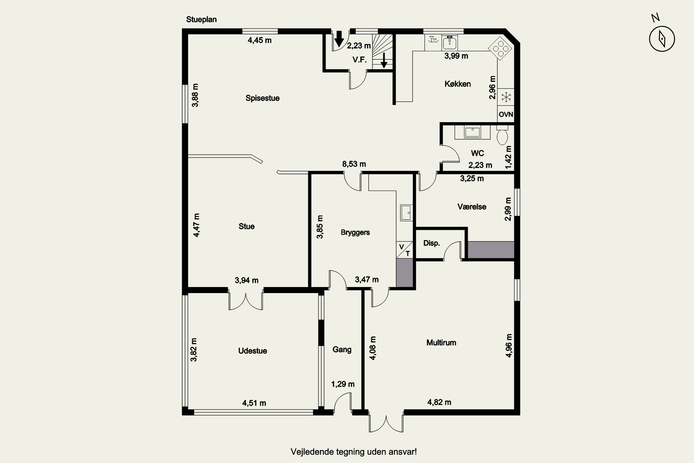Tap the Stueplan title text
(201, 19)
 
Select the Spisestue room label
(262, 98)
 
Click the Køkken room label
(457, 84)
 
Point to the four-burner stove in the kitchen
(500, 48)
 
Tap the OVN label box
(506, 114)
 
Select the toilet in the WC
(502, 135)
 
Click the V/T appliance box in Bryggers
(404, 250)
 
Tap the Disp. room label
(431, 243)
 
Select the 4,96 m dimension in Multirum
(509, 346)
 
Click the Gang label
(342, 350)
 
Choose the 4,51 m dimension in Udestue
(254, 403)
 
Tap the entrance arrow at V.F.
(339, 39)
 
